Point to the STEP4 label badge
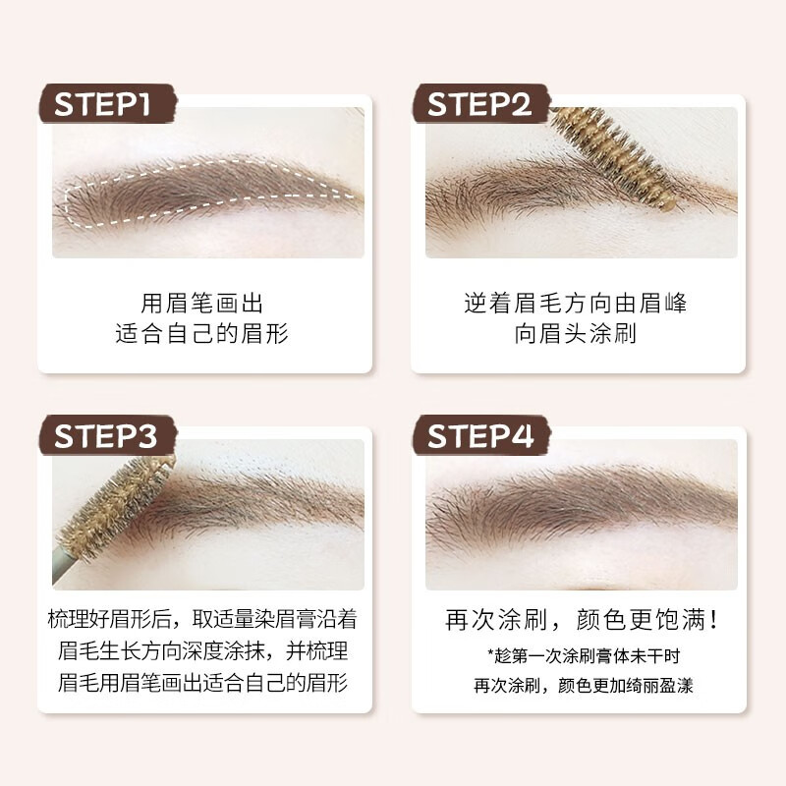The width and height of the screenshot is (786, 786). [478, 436]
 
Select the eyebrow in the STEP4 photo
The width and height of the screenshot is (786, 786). [580, 501]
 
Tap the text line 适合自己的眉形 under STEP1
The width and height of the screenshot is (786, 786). [204, 334]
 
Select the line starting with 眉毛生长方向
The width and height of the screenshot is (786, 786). [204, 651]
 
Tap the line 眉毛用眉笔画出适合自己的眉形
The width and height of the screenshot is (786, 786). [204, 683]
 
